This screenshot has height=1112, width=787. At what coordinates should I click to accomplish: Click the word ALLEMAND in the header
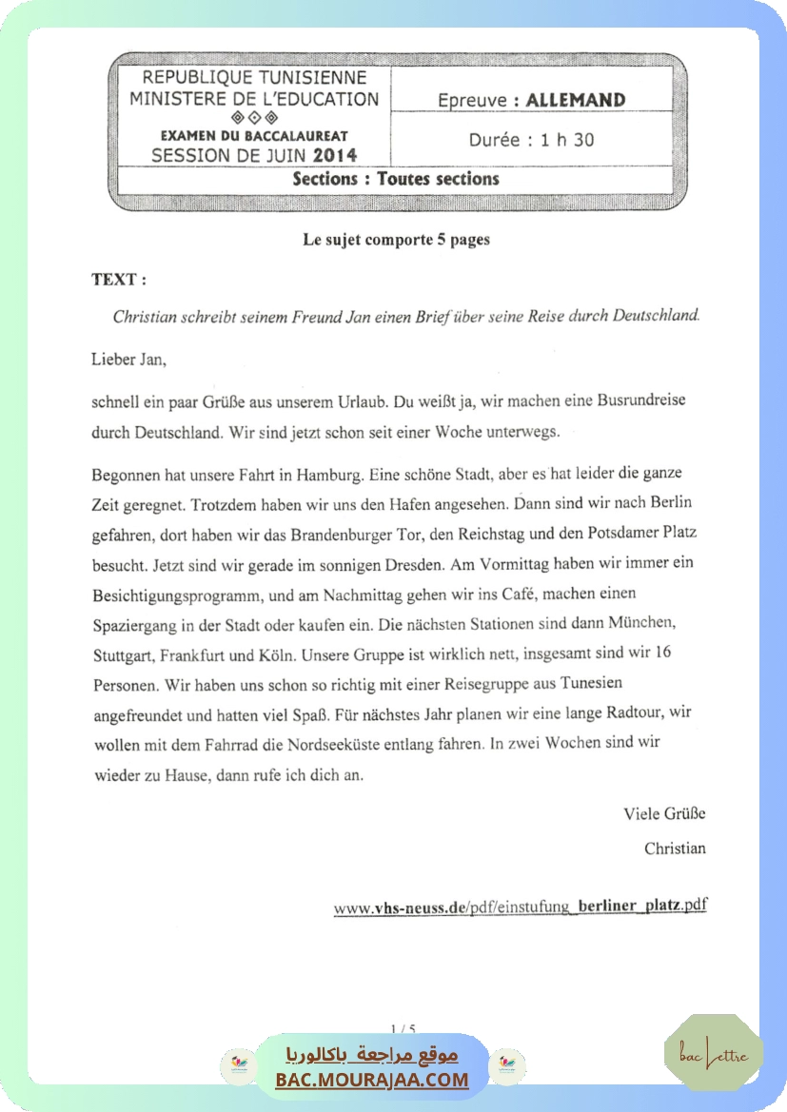(575, 100)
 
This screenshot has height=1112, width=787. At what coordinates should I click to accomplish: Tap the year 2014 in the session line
(335, 155)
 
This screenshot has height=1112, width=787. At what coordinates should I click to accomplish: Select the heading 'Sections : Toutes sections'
(396, 178)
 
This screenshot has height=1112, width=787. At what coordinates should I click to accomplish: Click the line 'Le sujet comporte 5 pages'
(396, 240)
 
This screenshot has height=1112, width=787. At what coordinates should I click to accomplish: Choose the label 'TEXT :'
(119, 280)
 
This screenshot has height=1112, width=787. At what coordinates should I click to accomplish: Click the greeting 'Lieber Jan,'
(128, 360)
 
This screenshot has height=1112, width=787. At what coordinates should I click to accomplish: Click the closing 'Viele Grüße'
(664, 813)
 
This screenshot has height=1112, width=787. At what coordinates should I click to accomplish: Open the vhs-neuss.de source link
(520, 906)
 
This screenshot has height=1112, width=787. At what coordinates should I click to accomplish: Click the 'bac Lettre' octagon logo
(713, 1052)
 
